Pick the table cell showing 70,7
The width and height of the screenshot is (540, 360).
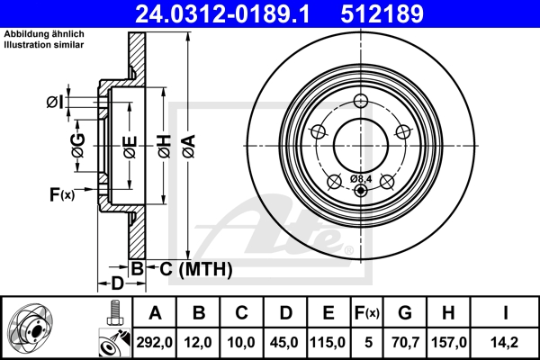point(405,342)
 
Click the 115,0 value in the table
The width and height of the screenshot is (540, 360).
point(327,342)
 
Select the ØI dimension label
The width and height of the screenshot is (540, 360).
point(55,102)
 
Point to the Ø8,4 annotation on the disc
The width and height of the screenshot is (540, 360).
point(361,178)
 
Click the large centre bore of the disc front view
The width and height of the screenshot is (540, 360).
point(360,142)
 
